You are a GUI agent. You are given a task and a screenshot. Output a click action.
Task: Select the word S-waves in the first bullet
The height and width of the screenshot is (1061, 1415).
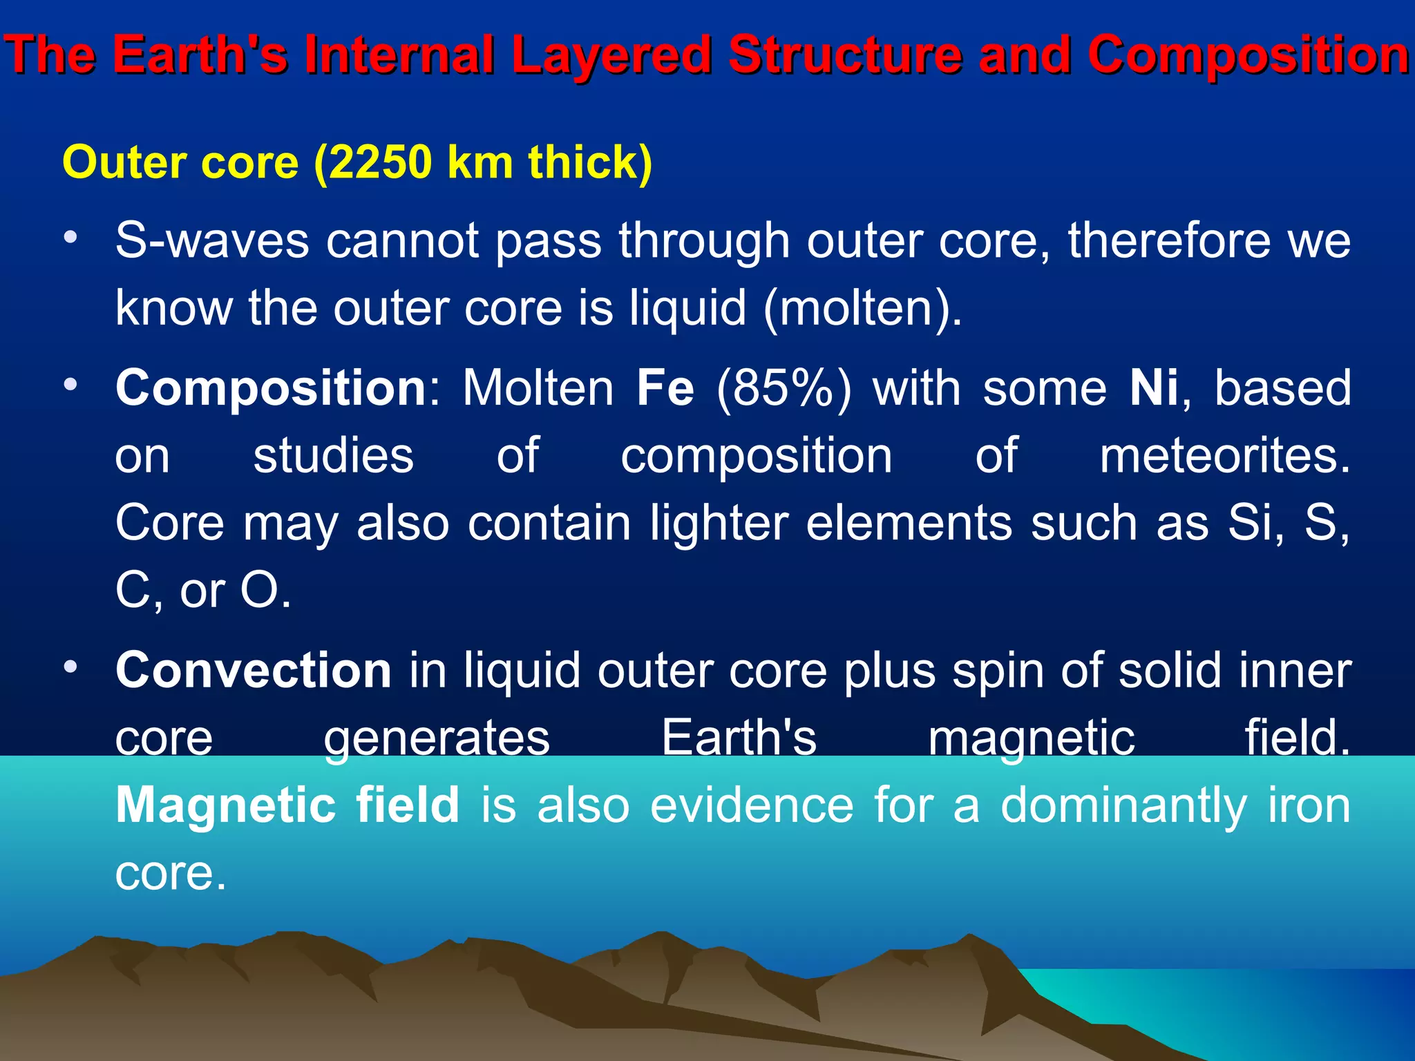pos(211,241)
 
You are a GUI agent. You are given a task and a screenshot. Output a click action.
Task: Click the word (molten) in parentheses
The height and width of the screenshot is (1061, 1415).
pos(863,308)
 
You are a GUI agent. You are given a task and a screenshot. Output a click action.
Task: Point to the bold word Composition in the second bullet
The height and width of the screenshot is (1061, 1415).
pos(272,388)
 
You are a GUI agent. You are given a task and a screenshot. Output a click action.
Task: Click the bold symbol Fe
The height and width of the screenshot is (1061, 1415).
pos(665,388)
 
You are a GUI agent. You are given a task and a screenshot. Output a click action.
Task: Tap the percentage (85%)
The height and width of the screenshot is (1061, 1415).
pos(784,388)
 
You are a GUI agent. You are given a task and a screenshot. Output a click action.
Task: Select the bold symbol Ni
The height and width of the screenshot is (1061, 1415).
pos(1153,388)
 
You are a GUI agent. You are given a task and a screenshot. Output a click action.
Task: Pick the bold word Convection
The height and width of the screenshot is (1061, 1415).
pos(254,671)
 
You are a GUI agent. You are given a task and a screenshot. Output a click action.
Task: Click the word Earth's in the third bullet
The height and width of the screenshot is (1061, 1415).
pos(739,738)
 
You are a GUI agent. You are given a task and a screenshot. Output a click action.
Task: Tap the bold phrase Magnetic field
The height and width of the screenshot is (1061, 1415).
pos(287,805)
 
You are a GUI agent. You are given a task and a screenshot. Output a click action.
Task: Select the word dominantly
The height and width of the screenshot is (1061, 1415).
pos(1123,805)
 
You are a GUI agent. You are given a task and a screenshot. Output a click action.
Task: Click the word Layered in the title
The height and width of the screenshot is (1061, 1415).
pos(611,55)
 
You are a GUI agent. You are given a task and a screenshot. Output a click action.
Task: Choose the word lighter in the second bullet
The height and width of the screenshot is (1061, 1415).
pos(719,523)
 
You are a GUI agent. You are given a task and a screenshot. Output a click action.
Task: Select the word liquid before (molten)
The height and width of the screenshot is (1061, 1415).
pos(687,308)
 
